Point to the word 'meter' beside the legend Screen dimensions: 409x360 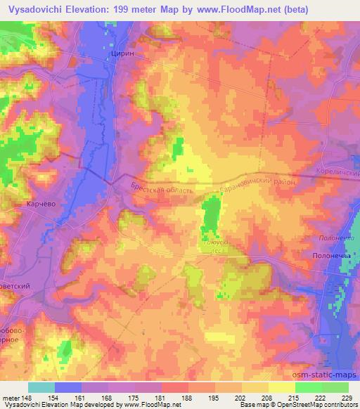[11, 398]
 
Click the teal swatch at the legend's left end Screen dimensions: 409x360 [41, 387]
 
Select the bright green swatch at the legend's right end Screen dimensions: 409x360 [335, 387]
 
